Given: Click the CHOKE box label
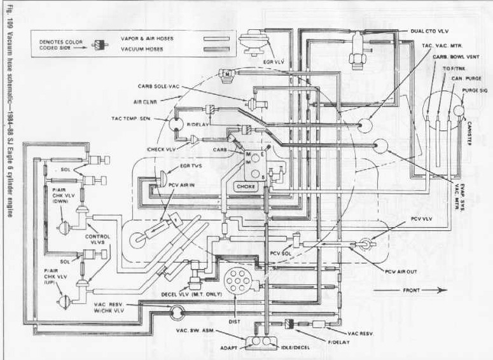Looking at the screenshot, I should pyautogui.click(x=246, y=186).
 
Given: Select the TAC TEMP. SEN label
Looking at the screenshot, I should pyautogui.click(x=130, y=118).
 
